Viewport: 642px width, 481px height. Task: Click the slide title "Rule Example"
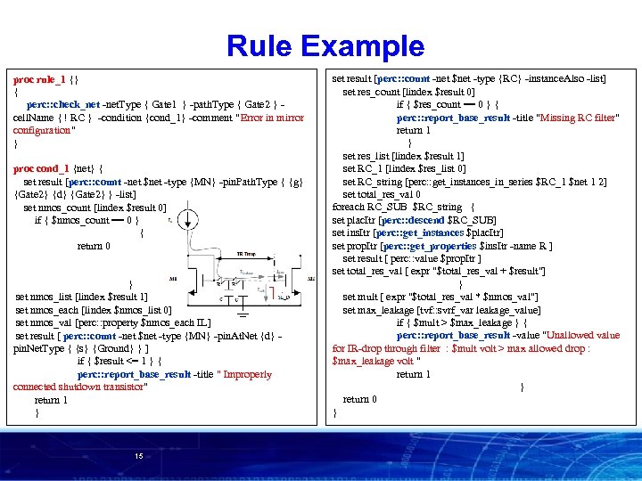click(x=325, y=45)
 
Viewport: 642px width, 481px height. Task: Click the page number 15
click(x=138, y=456)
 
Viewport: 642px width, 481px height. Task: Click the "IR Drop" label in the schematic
click(x=246, y=253)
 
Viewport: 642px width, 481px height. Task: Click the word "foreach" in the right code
click(x=348, y=208)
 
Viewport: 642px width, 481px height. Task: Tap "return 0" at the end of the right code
click(x=359, y=399)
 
